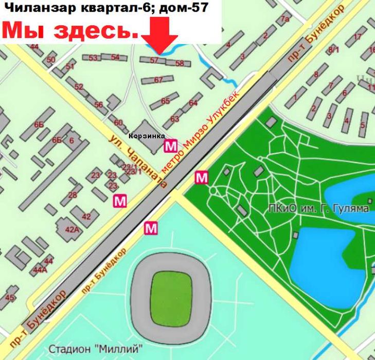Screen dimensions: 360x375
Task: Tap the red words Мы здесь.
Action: tap(72, 31)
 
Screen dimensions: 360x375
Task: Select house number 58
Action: tap(180, 63)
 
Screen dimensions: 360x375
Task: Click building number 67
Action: tap(158, 80)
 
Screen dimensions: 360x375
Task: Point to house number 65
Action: tap(165, 101)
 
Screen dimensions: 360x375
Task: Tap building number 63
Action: tap(174, 119)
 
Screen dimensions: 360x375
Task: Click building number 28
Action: tap(73, 194)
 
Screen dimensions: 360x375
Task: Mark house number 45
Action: tap(9, 297)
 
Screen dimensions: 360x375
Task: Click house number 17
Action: tap(356, 37)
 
